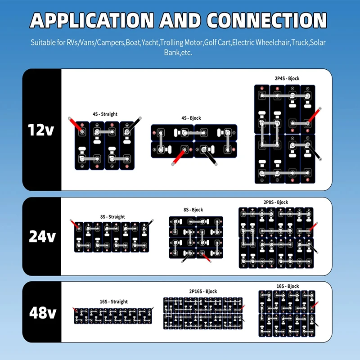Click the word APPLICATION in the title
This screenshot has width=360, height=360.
coord(92,20)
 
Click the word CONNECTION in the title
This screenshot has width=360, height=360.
coord(266,20)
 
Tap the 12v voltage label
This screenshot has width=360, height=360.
coord(41,130)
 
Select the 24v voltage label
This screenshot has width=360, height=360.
coord(42,236)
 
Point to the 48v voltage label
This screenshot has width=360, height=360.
coord(43,312)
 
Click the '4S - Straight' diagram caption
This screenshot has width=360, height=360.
coord(105,114)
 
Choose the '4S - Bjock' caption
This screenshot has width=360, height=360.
coord(191,118)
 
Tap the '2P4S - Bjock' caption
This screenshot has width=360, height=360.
coord(287,78)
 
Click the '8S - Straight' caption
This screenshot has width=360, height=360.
coord(112,217)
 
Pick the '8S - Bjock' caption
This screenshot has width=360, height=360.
coord(193,210)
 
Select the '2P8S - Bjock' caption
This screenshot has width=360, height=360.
coord(276,202)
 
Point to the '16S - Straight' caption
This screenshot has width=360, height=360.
coord(114,301)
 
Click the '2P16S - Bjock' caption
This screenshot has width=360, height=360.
coord(203,291)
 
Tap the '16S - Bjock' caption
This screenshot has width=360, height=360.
coord(288,286)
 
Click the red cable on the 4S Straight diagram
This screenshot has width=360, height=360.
coord(76,125)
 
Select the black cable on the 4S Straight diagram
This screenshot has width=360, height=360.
coord(134,125)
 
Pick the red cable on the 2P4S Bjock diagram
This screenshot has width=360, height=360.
coord(314,116)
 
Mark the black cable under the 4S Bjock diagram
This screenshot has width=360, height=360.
coord(210,157)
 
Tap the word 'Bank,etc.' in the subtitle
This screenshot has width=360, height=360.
coord(178,53)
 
